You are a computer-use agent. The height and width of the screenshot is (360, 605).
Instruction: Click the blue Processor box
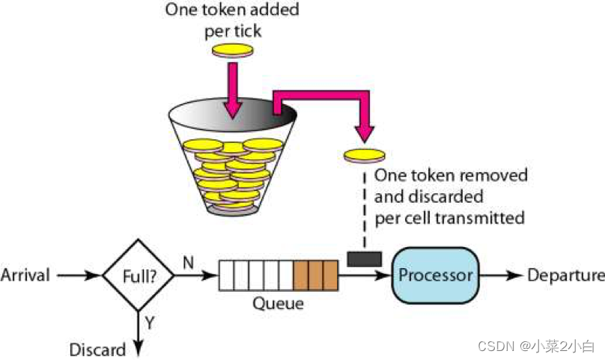[435, 275]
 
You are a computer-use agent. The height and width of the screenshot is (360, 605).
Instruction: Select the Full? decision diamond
[138, 275]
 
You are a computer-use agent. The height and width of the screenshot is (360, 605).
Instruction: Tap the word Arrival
[25, 275]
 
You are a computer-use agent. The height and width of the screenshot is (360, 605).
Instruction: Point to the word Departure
[565, 275]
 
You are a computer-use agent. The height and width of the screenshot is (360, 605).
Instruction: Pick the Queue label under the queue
[279, 303]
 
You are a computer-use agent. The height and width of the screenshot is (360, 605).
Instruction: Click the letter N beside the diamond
[188, 263]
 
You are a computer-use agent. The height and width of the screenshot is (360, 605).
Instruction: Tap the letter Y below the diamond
[150, 323]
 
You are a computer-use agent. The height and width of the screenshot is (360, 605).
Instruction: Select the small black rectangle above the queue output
[365, 259]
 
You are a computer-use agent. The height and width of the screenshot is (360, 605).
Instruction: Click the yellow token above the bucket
[234, 51]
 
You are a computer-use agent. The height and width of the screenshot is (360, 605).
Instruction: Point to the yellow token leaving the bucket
[364, 155]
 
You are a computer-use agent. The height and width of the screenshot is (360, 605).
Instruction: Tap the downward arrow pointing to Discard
[138, 329]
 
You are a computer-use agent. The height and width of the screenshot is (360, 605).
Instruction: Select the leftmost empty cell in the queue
[225, 275]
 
